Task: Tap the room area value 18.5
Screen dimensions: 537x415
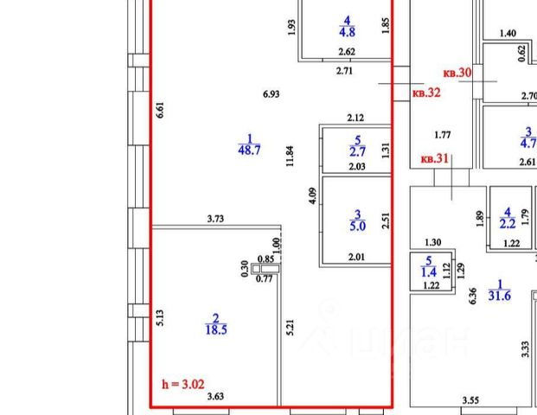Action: (x=216, y=329)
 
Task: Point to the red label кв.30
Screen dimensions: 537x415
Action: (x=457, y=73)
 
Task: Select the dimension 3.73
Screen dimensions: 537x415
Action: (x=215, y=220)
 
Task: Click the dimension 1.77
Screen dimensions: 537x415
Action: (x=443, y=134)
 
